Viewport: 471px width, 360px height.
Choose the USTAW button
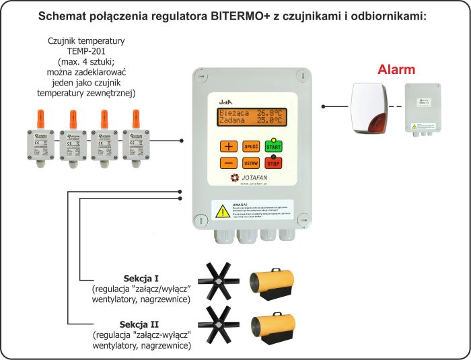click(251, 163)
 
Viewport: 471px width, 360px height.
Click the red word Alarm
click(396, 70)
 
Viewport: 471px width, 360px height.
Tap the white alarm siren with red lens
click(369, 108)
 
